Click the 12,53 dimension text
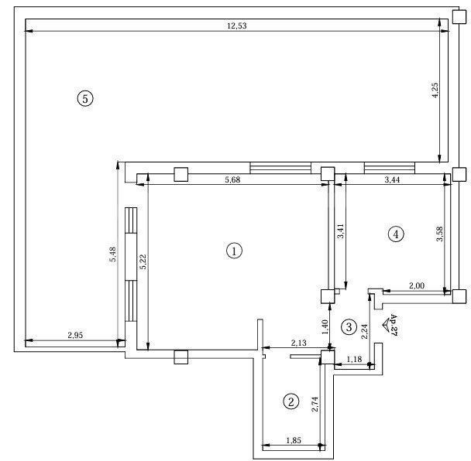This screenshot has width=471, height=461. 237,26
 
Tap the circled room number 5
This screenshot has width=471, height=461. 85,98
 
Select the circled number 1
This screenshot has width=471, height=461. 234,251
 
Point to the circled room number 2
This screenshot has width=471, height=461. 291,401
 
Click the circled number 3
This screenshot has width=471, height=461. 349,326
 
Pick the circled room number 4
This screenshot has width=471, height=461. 396,234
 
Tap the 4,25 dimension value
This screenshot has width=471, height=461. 435,90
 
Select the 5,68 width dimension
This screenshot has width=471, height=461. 232,179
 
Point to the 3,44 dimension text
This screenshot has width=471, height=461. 392,179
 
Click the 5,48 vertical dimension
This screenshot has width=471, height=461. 112,254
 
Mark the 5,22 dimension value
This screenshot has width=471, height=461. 143,261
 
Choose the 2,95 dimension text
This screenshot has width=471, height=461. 75,335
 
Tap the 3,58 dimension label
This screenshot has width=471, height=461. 439,234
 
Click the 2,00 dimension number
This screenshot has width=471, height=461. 417,285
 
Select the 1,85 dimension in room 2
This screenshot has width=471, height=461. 294,440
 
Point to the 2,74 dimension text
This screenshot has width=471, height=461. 315,404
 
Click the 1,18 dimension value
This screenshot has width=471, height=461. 354,359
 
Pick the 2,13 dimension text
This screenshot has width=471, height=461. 298,343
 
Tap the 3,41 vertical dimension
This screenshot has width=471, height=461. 341,231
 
